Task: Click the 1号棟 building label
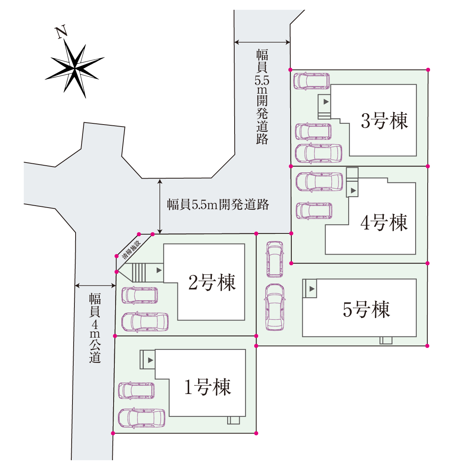tap(208, 387)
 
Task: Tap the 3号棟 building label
tap(384, 121)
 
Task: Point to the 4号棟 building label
tap(384, 222)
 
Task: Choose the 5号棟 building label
tap(367, 309)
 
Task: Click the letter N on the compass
tap(61, 32)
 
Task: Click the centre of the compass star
tap(75, 69)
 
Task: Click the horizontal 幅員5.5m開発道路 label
tap(218, 204)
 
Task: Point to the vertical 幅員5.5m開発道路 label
tap(262, 97)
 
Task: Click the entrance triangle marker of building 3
tap(326, 102)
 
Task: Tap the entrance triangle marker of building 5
tap(312, 289)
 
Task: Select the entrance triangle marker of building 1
tap(150, 360)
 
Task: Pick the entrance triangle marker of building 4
tap(353, 190)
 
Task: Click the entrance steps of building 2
tap(139, 273)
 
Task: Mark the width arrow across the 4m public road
tap(95, 286)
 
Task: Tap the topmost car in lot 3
tap(311, 81)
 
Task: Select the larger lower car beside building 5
tap(275, 307)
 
